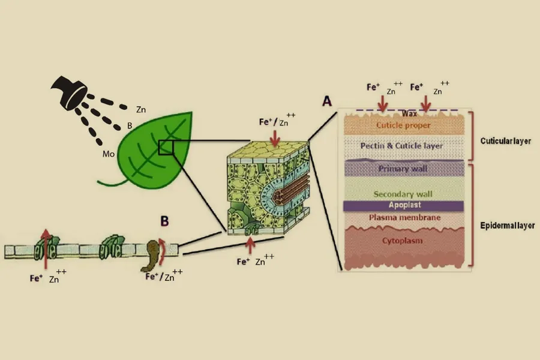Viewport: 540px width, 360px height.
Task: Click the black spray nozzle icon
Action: [69, 91]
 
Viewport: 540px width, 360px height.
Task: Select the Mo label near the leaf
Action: [108, 154]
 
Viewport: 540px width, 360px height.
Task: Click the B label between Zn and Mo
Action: [130, 126]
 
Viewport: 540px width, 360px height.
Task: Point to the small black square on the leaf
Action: [166, 147]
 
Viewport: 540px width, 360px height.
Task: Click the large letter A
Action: [327, 101]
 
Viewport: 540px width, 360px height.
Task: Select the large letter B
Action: [164, 220]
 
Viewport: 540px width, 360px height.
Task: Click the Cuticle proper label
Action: [403, 125]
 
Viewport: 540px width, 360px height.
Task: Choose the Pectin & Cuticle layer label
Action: [403, 146]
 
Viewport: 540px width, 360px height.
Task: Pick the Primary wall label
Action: [403, 169]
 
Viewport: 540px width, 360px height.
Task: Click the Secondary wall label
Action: [403, 194]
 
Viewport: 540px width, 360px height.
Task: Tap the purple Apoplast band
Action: [403, 205]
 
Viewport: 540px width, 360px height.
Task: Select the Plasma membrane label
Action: [403, 217]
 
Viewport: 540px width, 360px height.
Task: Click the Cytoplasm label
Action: [403, 241]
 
